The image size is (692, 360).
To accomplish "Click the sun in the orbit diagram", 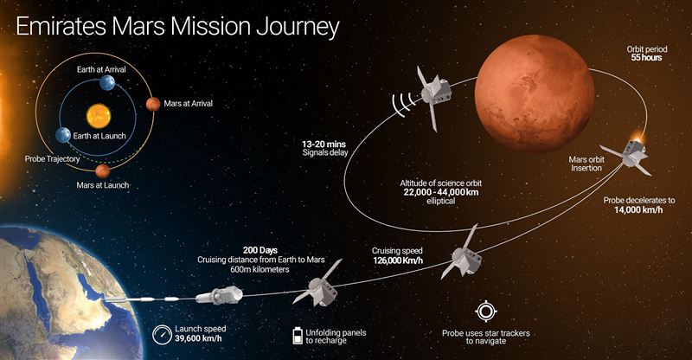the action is pos(99,116).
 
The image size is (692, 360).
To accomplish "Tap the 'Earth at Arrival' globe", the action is pos(107,82).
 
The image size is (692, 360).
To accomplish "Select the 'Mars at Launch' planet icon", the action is pos(103,170).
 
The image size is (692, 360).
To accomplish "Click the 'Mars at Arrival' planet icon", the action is pos(153,104).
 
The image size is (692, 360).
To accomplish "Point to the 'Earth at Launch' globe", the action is pos(63,135).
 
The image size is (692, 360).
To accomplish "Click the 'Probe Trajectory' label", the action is pos(52,159).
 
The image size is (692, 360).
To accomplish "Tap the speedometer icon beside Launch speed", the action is pos(162,334).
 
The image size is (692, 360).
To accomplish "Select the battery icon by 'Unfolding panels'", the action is pos(298,335).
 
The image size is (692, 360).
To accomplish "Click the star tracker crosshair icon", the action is pos(486,312).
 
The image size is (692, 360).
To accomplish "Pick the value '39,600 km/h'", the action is pos(198,338).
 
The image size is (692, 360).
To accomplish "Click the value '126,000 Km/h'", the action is pos(398,260).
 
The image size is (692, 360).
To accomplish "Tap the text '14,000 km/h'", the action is pos(638,209).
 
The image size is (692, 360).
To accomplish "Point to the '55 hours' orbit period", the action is pos(646,57).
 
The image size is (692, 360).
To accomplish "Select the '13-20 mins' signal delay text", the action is pos(324,145).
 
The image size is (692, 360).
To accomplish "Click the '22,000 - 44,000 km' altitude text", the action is pos(441,192).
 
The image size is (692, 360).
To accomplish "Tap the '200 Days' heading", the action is pos(260,250).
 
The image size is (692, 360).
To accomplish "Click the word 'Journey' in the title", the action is pos(298,28).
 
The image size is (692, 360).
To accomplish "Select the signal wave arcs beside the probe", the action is pos(404,104).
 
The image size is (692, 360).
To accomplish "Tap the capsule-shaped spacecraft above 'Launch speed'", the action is pos(220,295).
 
